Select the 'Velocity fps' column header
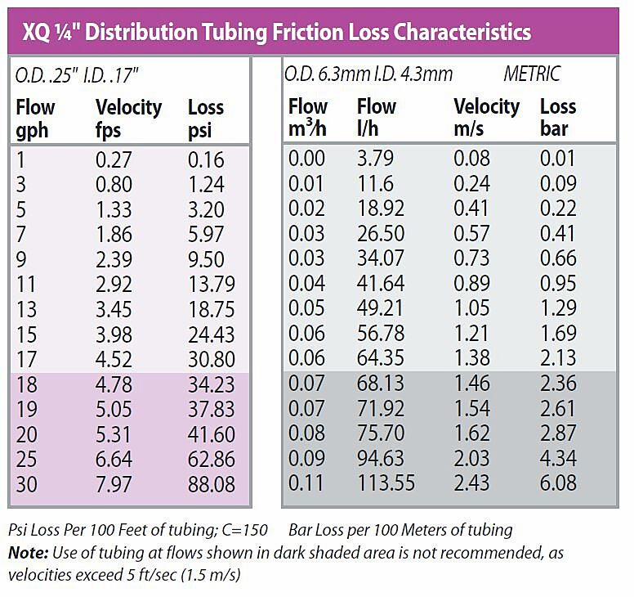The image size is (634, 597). coord(128,118)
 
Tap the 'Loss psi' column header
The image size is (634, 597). coord(205,118)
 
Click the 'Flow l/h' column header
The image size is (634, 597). coord(376,118)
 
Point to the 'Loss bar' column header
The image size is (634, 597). coord(558,118)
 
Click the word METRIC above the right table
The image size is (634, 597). coord(532,74)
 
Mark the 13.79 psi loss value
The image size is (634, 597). coord(211,285)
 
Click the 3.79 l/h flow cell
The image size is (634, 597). coord(375,159)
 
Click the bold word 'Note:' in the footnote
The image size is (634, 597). coord(27,554)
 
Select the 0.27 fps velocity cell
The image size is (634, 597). coord(117,159)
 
